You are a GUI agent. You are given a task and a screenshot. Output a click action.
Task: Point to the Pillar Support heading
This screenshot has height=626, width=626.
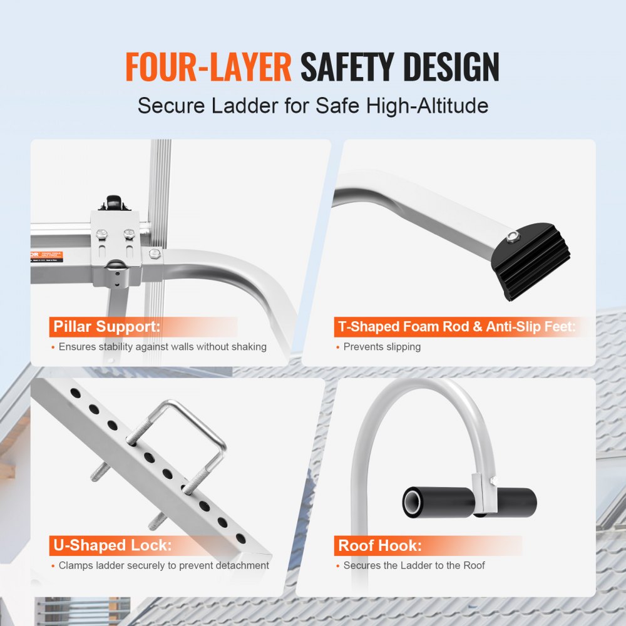pyautogui.click(x=106, y=327)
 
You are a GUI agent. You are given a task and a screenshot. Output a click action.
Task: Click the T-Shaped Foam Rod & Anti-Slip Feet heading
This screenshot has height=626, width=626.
pyautogui.click(x=456, y=327)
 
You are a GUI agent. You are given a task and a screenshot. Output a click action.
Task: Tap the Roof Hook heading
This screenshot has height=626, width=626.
pyautogui.click(x=380, y=545)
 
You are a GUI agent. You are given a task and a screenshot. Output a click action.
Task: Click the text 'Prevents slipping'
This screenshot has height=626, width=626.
pyautogui.click(x=382, y=347)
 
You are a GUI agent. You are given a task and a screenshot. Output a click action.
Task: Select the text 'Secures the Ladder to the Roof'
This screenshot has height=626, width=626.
pyautogui.click(x=414, y=565)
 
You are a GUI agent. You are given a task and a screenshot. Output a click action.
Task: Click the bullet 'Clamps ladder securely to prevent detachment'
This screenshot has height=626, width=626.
pyautogui.click(x=163, y=565)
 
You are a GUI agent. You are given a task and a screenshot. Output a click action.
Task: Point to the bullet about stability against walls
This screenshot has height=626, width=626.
pyautogui.click(x=162, y=347)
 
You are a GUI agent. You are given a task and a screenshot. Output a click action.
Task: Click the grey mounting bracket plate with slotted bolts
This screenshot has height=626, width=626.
pyautogui.click(x=115, y=244)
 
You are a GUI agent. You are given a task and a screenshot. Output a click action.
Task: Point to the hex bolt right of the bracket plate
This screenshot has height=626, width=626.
pyautogui.click(x=153, y=253)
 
